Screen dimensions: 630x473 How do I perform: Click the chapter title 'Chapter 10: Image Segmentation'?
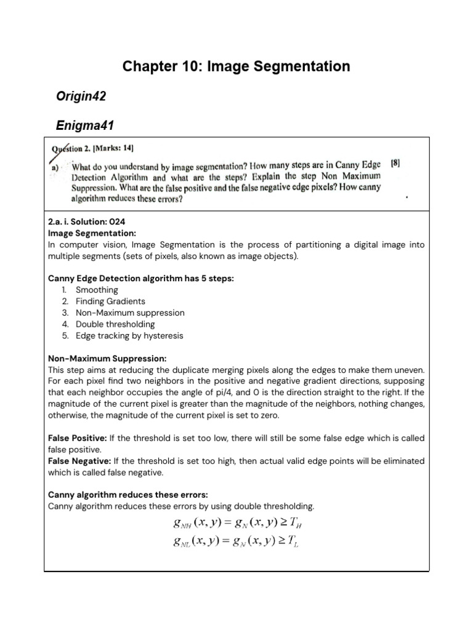[236, 66]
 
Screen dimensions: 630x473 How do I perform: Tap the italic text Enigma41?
[85, 126]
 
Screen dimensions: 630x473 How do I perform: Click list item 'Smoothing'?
[97, 290]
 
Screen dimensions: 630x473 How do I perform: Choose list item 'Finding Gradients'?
[110, 301]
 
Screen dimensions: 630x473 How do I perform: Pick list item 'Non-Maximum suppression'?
[130, 313]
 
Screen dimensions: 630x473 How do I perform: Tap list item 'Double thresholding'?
[115, 324]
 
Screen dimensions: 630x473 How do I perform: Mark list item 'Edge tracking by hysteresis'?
[129, 336]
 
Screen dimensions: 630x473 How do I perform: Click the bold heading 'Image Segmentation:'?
[92, 234]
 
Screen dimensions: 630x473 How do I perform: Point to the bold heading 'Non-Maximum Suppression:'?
[107, 359]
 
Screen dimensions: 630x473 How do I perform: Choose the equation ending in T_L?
[237, 541]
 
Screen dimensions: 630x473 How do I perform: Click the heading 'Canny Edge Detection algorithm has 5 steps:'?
[141, 279]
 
